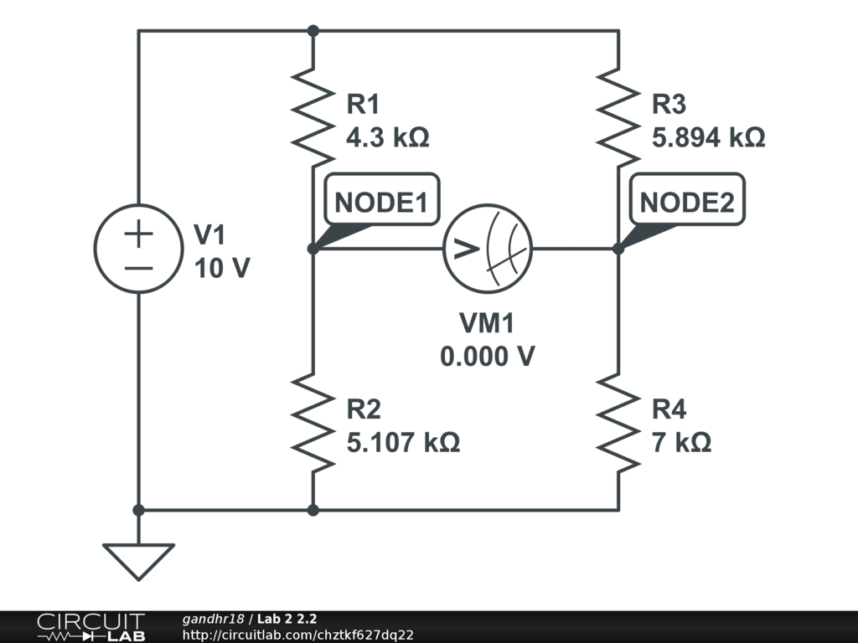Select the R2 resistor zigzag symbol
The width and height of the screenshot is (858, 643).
pyautogui.click(x=313, y=422)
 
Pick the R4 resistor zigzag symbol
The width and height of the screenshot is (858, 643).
pyautogui.click(x=618, y=422)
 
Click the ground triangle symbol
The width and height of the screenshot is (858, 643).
pyautogui.click(x=138, y=562)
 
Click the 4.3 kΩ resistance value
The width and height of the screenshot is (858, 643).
pyautogui.click(x=387, y=136)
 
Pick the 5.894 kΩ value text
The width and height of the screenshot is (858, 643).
pyautogui.click(x=708, y=136)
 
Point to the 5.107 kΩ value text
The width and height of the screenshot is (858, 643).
pyautogui.click(x=403, y=442)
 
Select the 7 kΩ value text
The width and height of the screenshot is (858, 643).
pyautogui.click(x=681, y=442)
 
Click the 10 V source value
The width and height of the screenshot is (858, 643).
pyautogui.click(x=222, y=268)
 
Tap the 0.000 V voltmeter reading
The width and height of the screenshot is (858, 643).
pyautogui.click(x=488, y=357)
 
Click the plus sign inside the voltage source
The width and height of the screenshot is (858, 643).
pyautogui.click(x=138, y=234)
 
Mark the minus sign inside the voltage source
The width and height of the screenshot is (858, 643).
pyautogui.click(x=138, y=268)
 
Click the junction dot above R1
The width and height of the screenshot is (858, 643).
pyautogui.click(x=313, y=31)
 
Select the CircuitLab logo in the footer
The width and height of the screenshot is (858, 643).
pyautogui.click(x=90, y=627)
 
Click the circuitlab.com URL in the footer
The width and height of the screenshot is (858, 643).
pyautogui.click(x=297, y=635)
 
